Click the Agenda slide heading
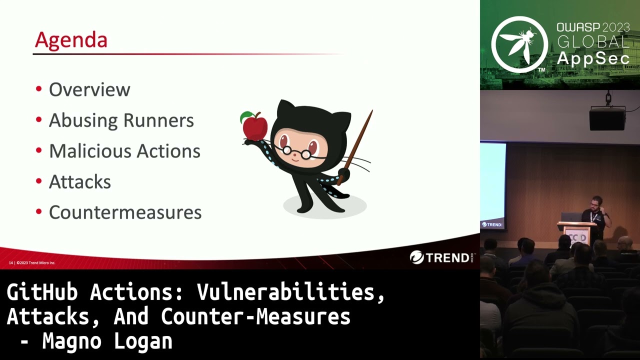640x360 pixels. pyautogui.click(x=71, y=40)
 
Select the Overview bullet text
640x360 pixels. pyautogui.click(x=89, y=90)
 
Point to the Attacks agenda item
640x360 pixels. pyautogui.click(x=80, y=182)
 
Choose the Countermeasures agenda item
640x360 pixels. pyautogui.click(x=125, y=212)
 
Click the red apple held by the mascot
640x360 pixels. pyautogui.click(x=255, y=126)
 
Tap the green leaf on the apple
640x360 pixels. pyautogui.click(x=245, y=117)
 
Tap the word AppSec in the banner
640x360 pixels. pyautogui.click(x=593, y=58)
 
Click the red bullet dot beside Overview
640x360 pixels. pyautogui.click(x=39, y=89)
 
